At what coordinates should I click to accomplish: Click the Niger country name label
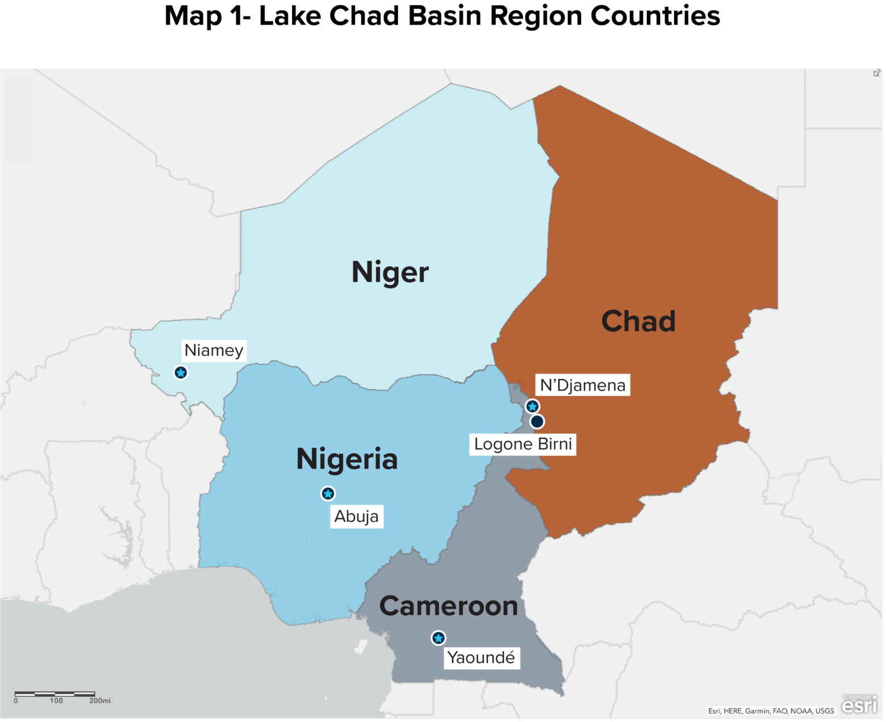pyautogui.click(x=390, y=272)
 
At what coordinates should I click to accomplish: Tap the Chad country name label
pyautogui.click(x=638, y=321)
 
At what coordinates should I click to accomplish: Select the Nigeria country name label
pyautogui.click(x=346, y=459)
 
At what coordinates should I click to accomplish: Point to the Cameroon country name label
pyautogui.click(x=448, y=606)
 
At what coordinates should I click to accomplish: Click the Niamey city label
pyautogui.click(x=214, y=350)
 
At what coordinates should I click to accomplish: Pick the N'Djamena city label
pyautogui.click(x=582, y=385)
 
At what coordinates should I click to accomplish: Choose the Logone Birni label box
pyautogui.click(x=523, y=444)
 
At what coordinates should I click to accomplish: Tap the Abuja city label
pyautogui.click(x=356, y=517)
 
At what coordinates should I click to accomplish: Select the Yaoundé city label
pyautogui.click(x=481, y=658)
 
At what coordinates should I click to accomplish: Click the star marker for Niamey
pyautogui.click(x=181, y=373)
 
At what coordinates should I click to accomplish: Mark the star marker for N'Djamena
pyautogui.click(x=532, y=406)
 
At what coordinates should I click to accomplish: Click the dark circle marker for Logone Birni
pyautogui.click(x=537, y=422)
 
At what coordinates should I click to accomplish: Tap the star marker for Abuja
pyautogui.click(x=328, y=494)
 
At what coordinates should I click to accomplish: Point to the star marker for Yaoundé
pyautogui.click(x=438, y=638)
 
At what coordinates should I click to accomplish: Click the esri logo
pyautogui.click(x=859, y=704)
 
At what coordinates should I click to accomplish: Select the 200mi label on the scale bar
pyautogui.click(x=100, y=701)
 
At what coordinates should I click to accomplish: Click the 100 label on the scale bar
pyautogui.click(x=56, y=701)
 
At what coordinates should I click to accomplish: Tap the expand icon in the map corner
pyautogui.click(x=877, y=73)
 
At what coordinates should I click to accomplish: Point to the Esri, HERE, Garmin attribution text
pyautogui.click(x=771, y=711)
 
